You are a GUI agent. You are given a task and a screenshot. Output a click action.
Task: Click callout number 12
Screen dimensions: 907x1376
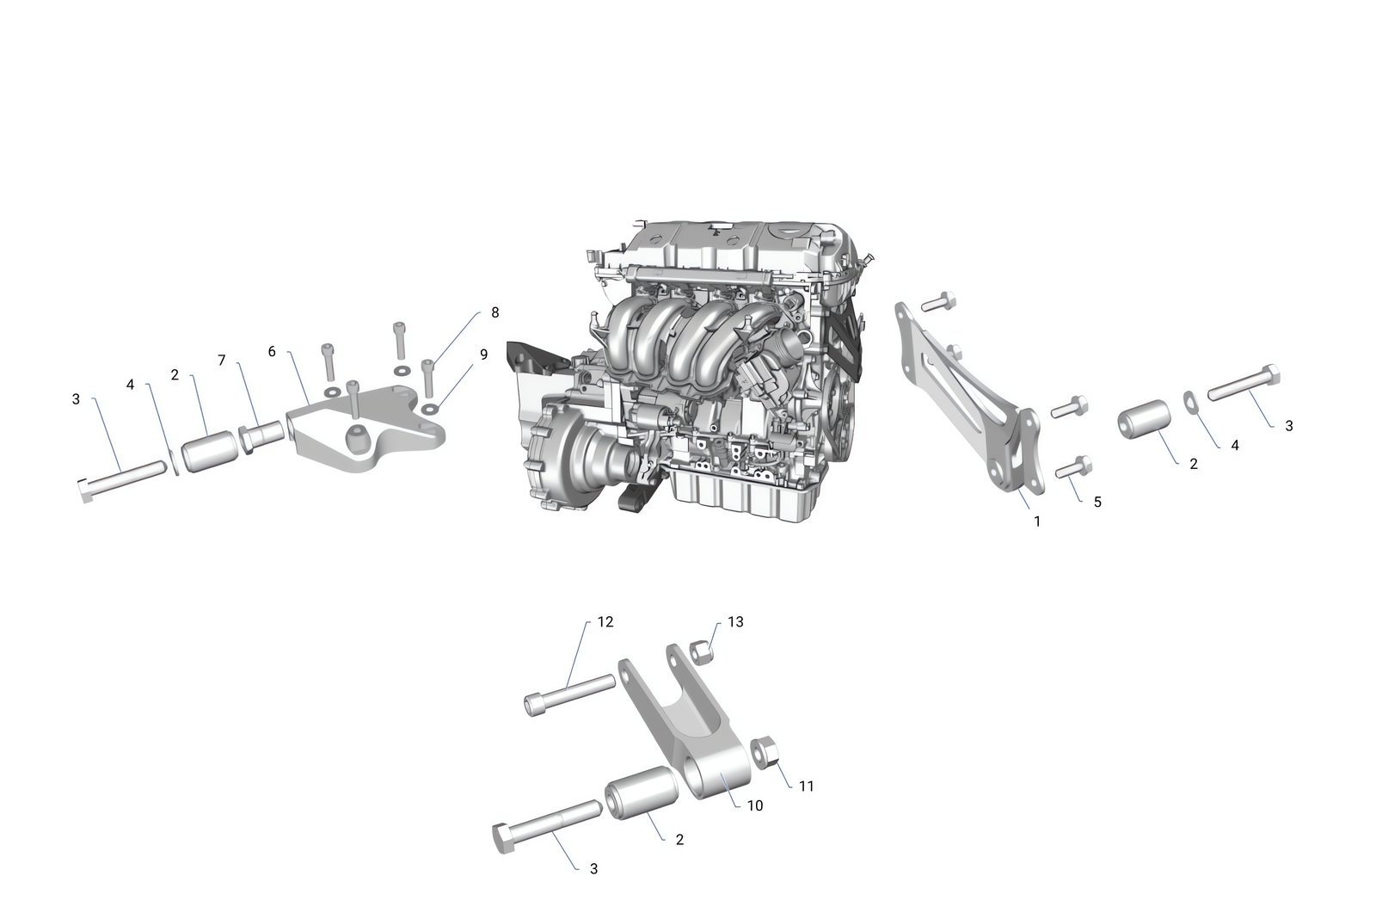605,621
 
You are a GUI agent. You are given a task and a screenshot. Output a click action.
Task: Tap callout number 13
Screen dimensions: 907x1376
735,621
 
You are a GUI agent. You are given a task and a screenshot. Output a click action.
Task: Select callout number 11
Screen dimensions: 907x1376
806,786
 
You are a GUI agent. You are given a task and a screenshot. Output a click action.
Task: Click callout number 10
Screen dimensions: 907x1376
755,805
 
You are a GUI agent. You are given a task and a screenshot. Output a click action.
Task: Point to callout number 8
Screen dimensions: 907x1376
494,312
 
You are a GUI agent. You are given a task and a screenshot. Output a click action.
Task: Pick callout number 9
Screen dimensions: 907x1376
483,354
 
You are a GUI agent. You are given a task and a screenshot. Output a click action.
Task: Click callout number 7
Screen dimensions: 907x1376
221,360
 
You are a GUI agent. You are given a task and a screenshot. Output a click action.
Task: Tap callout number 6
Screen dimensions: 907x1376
272,351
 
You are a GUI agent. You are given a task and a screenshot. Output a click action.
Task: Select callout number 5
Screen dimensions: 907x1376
1097,502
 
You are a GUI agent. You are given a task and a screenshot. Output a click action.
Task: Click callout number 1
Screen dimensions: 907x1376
1037,521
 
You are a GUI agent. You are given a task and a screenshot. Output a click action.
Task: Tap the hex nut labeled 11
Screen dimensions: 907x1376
765,751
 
